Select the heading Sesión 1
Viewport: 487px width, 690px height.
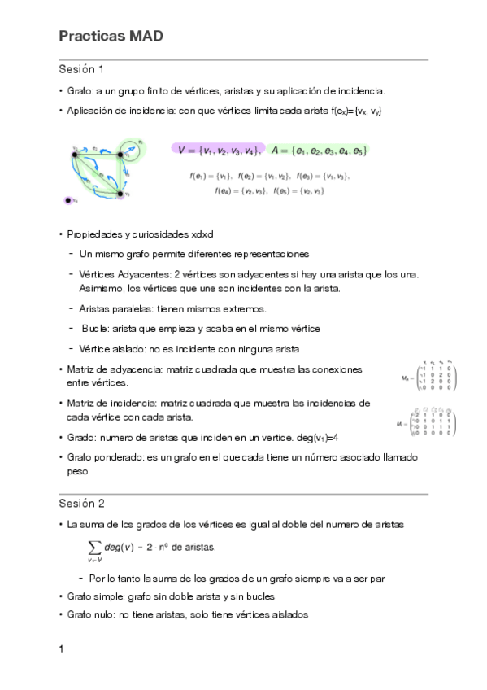(81, 68)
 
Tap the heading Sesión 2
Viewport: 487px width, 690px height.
(81, 503)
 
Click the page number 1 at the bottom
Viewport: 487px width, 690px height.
(62, 650)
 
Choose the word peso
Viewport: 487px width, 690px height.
(78, 470)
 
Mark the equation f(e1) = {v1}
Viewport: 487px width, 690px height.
(211, 175)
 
